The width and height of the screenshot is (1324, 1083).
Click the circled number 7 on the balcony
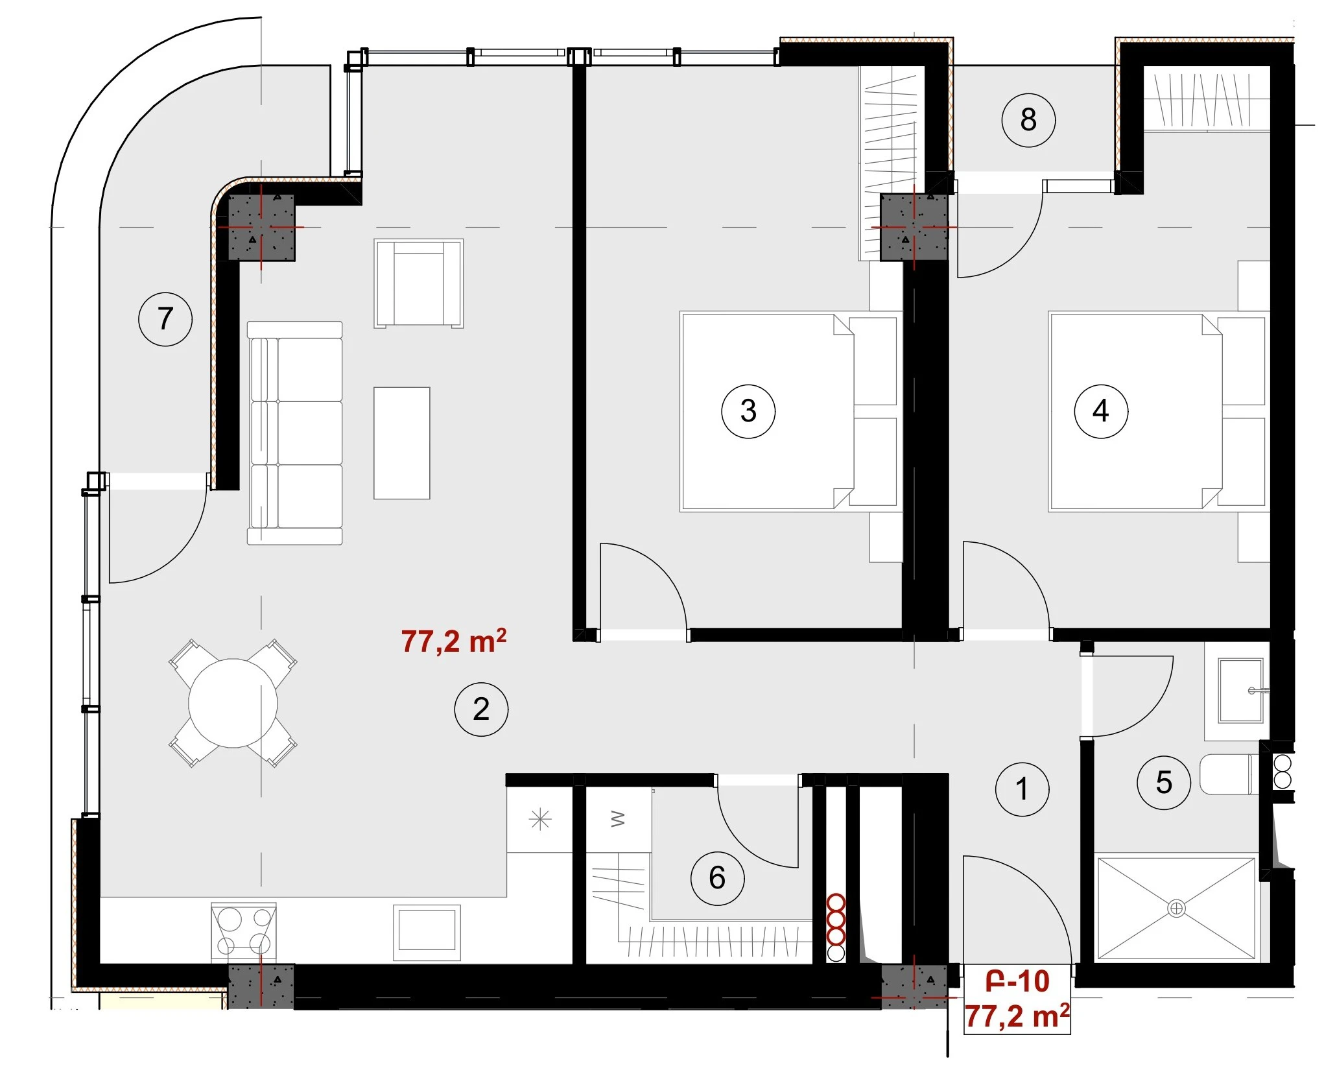pos(165,319)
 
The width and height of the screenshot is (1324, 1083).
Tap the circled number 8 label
pos(1028,120)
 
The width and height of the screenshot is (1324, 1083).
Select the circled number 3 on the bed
pos(748,411)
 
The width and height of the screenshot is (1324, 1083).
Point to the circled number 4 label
pos(1101,411)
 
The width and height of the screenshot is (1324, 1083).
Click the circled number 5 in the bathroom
pos(1164,783)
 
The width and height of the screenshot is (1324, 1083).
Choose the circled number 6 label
pos(717,878)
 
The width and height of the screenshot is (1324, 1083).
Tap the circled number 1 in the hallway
pos(1022,789)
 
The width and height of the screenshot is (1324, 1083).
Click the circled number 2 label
pos(481,709)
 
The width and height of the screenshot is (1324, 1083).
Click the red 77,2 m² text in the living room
pos(454,641)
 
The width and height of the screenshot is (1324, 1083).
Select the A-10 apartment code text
pos(1017,981)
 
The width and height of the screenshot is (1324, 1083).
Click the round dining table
pos(233,703)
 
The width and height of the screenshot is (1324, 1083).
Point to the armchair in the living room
pos(419,283)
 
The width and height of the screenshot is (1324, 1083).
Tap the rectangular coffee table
pos(402,443)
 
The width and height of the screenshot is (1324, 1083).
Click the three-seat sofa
pos(295,433)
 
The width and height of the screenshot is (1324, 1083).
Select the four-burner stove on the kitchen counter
pos(244,931)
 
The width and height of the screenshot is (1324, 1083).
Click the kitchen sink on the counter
pos(427,932)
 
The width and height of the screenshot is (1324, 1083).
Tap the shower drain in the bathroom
pos(1176,909)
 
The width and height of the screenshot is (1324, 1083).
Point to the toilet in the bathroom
pos(1229,774)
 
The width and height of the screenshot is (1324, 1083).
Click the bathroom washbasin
pos(1241,690)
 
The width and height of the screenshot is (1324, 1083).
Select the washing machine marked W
pos(619,819)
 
